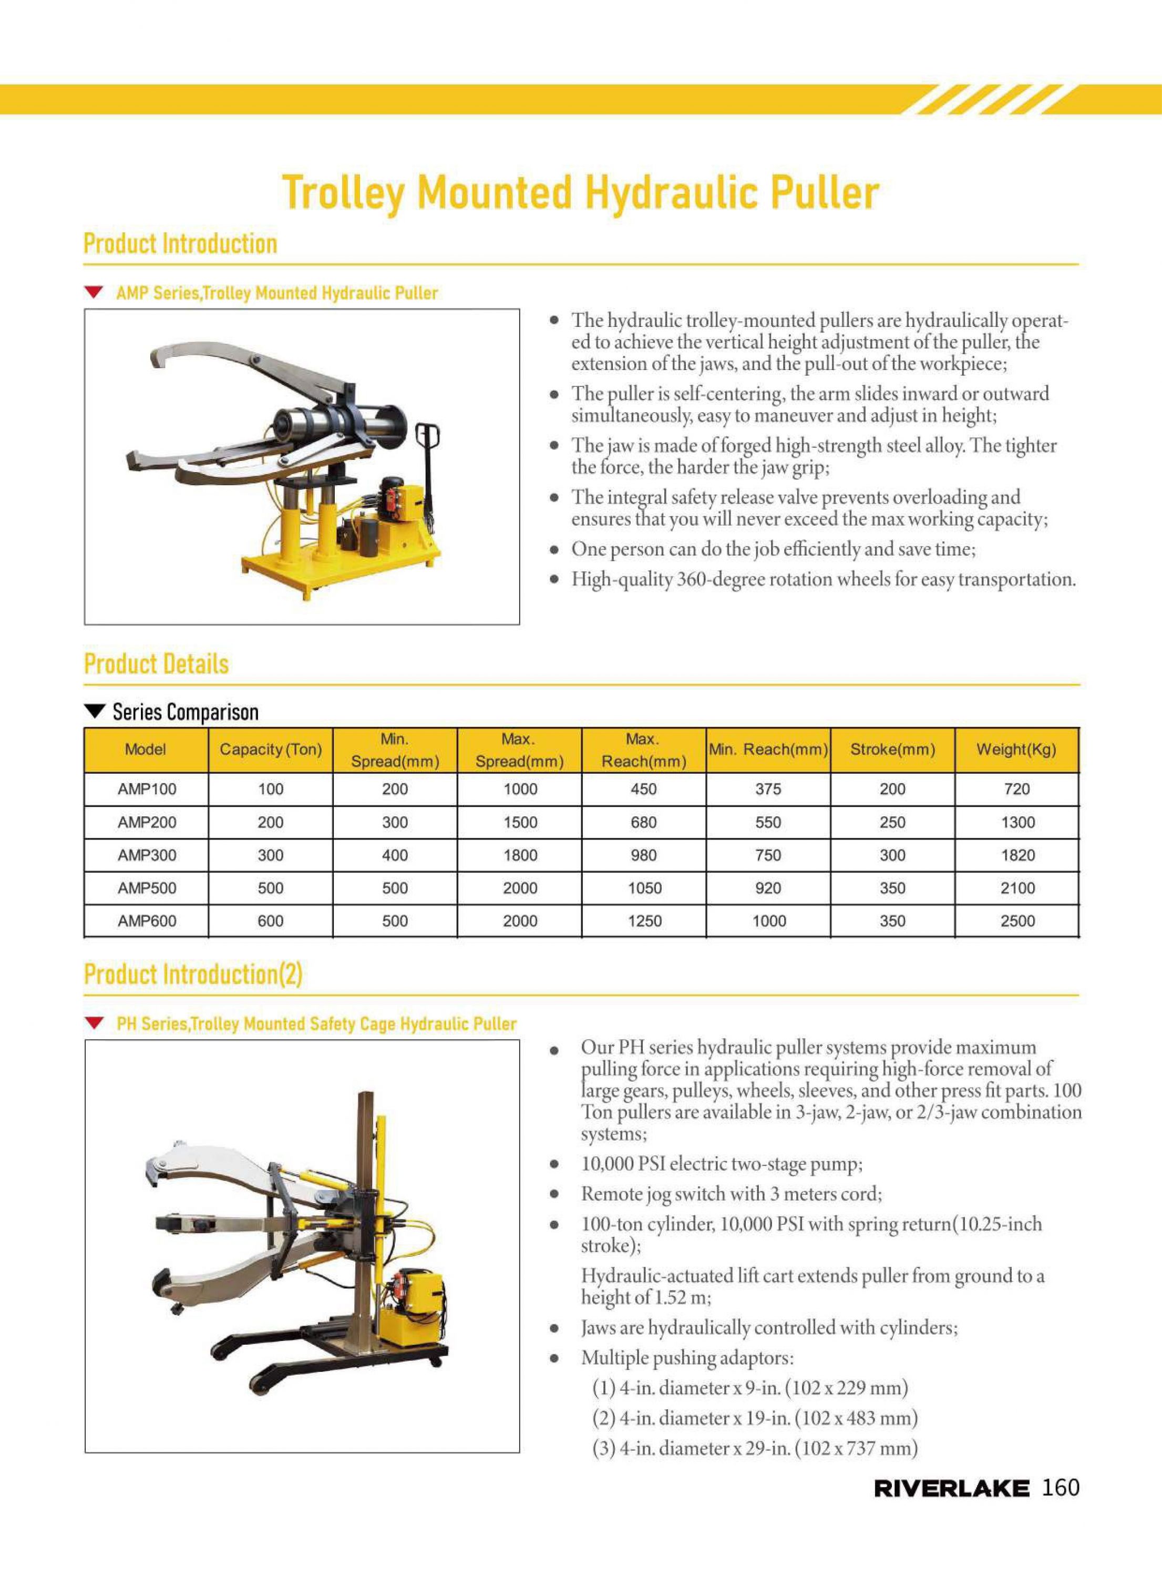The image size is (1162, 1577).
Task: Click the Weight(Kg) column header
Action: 1016,749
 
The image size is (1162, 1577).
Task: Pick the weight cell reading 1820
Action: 1017,855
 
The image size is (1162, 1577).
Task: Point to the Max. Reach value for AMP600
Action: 644,921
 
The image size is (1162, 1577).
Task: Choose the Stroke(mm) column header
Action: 892,749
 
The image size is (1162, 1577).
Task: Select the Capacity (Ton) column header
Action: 270,749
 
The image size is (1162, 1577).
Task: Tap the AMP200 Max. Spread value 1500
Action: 520,822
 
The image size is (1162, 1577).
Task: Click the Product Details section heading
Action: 156,664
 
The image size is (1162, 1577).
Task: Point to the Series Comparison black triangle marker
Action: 94,712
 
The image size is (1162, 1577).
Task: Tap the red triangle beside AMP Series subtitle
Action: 94,292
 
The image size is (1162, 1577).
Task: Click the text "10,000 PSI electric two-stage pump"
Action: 721,1164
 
